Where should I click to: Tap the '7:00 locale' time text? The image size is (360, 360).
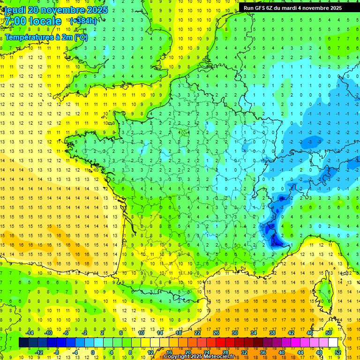[x=32, y=21]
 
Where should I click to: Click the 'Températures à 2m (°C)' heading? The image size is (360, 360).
[x=46, y=37]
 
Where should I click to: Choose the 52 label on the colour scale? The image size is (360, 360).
[x=338, y=352]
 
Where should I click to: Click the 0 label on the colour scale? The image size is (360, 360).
[x=92, y=352]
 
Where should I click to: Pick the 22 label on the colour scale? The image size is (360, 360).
[x=197, y=332]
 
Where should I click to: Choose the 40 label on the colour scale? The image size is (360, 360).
[x=282, y=352]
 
